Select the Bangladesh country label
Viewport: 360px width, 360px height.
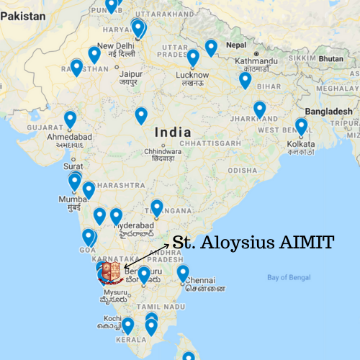pyautogui.click(x=328, y=110)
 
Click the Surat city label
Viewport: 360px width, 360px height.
pyautogui.click(x=73, y=167)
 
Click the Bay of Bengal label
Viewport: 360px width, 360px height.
pyautogui.click(x=290, y=275)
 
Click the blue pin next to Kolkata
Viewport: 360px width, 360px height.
pyautogui.click(x=301, y=127)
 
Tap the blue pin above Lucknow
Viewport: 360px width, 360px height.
pyautogui.click(x=192, y=57)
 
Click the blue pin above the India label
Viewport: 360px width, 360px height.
pyautogui.click(x=141, y=115)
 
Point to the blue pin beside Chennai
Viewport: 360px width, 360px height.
pyautogui.click(x=182, y=272)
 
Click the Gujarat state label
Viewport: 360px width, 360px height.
pyautogui.click(x=44, y=128)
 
